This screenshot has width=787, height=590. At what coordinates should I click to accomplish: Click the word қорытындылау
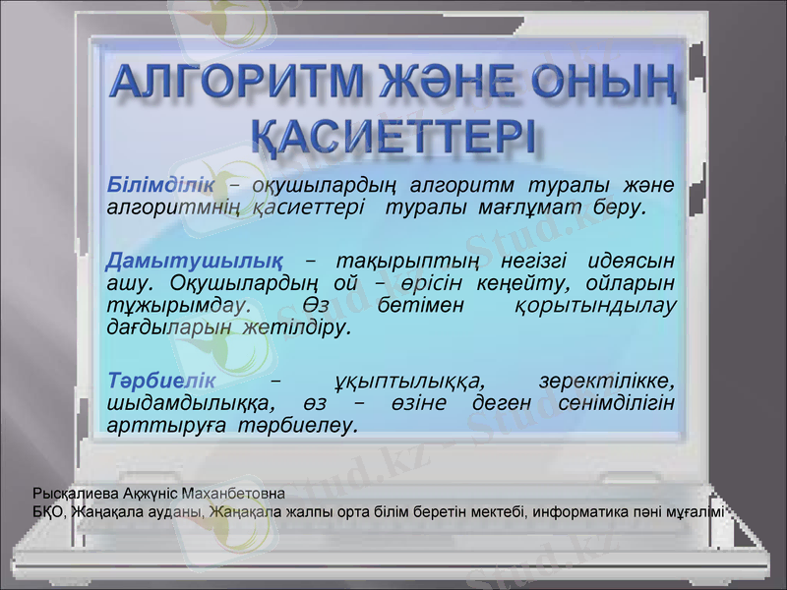coord(596,306)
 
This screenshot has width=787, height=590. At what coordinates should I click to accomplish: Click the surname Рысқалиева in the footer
coord(71,491)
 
